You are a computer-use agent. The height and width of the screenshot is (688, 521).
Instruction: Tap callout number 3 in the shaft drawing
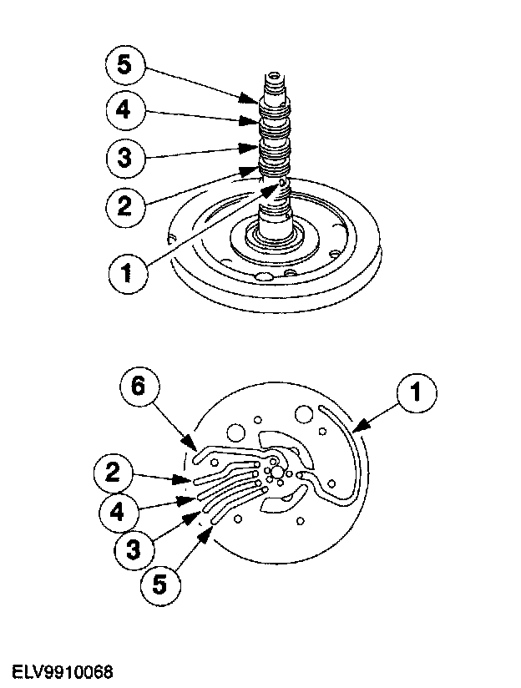pyautogui.click(x=124, y=158)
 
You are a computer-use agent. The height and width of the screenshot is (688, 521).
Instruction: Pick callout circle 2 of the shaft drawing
pyautogui.click(x=124, y=205)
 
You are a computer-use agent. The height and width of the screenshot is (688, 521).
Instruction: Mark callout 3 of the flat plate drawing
pyautogui.click(x=128, y=549)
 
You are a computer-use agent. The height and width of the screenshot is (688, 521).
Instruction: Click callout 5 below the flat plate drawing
pyautogui.click(x=162, y=583)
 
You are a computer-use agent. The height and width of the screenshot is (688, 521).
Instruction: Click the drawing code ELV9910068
pyautogui.click(x=63, y=672)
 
